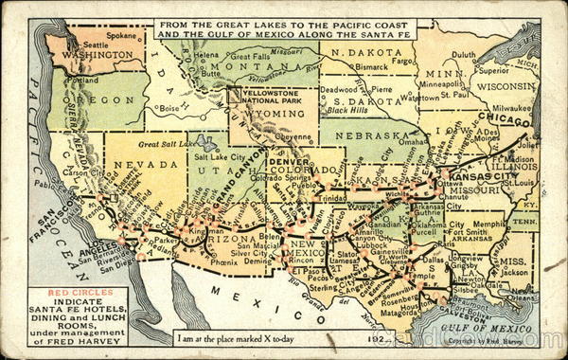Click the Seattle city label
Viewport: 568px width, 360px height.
pyautogui.click(x=96, y=45)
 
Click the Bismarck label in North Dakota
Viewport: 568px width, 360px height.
pyautogui.click(x=373, y=67)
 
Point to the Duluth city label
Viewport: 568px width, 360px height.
pyautogui.click(x=464, y=55)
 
